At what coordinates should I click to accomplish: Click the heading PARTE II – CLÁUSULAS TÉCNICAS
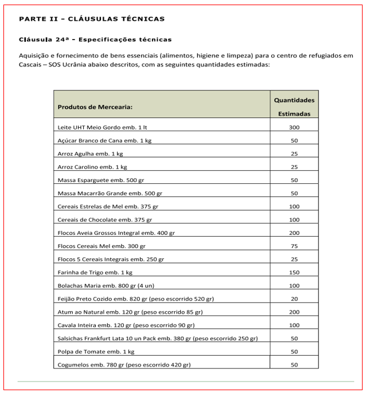92,19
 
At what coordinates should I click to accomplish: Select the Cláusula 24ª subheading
95,40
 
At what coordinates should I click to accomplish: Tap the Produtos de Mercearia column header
95,107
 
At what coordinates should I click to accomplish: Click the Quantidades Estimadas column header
294,107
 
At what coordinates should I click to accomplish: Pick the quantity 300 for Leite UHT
294,127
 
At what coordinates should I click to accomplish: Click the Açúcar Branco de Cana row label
105,140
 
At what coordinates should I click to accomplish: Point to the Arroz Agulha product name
91,154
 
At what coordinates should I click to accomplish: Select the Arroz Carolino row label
92,167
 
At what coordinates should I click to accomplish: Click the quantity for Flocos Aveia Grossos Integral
294,233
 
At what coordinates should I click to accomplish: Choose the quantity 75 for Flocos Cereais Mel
294,246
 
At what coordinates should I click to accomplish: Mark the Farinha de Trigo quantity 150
294,273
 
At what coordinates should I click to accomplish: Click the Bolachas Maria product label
109,285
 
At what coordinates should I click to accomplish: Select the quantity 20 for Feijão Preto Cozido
294,299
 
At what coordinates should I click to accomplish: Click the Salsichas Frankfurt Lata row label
158,339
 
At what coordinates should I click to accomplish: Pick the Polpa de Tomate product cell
96,352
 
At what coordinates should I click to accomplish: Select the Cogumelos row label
124,365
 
